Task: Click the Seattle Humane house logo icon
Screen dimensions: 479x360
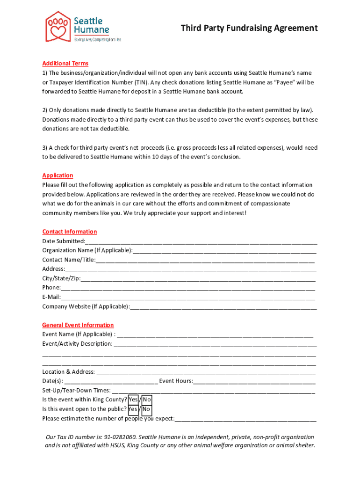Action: [58, 26]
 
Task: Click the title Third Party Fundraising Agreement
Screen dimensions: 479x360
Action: [249, 28]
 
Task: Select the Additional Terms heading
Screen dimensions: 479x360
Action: [65, 64]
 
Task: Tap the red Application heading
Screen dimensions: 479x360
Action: [58, 175]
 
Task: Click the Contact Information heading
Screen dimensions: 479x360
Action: [69, 232]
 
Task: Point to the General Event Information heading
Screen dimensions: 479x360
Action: [78, 325]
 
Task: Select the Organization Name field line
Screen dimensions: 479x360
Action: [224, 251]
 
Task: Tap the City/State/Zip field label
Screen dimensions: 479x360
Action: [61, 278]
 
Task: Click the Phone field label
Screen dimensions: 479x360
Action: [51, 288]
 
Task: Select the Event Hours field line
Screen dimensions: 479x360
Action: [254, 381]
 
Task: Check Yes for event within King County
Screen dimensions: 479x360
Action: [133, 400]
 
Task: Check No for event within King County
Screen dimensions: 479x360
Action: [147, 400]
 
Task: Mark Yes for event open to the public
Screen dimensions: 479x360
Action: [133, 409]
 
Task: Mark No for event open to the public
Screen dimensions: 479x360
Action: [146, 409]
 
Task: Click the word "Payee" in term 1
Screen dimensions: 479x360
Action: [283, 82]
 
